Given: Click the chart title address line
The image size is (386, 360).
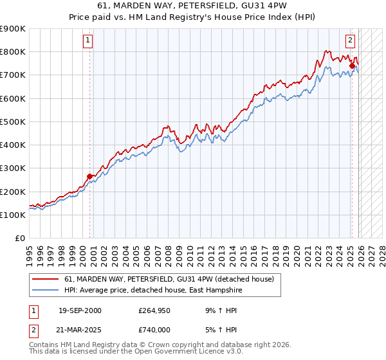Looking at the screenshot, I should click(192, 6).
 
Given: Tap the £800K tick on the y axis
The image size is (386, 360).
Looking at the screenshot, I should click(13, 52).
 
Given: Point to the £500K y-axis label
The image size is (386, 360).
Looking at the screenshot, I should click(13, 122).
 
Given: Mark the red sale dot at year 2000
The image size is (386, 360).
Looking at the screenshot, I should click(90, 176).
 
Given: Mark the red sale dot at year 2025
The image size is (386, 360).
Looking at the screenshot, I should click(352, 66).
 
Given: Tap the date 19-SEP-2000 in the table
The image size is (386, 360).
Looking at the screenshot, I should click(80, 310).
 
